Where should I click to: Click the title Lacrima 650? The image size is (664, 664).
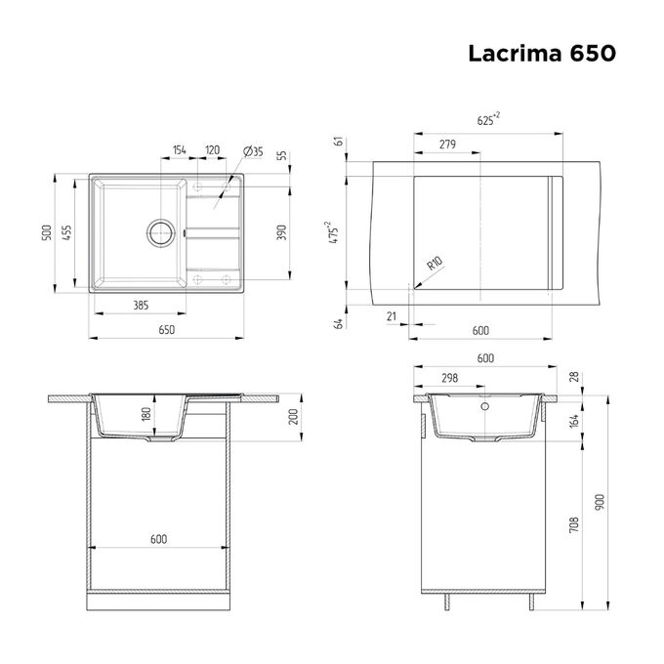click(542, 54)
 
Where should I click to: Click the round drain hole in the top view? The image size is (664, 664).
click(161, 232)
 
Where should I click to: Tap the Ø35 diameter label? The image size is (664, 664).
click(253, 151)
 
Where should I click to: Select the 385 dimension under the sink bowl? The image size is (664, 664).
click(141, 305)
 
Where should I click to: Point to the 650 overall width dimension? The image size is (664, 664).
click(166, 329)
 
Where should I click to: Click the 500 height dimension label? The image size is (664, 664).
click(47, 233)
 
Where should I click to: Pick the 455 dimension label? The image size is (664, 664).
click(67, 233)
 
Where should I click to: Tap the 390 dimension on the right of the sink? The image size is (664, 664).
click(281, 232)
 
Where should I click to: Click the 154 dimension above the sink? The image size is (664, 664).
click(179, 150)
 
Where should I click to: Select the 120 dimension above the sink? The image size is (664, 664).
click(213, 150)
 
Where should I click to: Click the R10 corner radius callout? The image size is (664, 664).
click(435, 264)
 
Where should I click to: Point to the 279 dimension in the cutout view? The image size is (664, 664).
click(447, 145)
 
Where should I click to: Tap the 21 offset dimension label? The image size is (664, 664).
click(392, 316)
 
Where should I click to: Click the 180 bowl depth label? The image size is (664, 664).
click(146, 414)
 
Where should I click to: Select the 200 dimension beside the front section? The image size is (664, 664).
click(294, 417)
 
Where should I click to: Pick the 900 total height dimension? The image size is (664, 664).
click(600, 502)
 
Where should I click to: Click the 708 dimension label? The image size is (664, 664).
click(574, 524)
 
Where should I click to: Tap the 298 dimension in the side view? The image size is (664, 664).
click(450, 378)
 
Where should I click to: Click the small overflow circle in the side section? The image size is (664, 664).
click(485, 406)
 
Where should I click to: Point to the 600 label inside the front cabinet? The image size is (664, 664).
click(159, 539)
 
